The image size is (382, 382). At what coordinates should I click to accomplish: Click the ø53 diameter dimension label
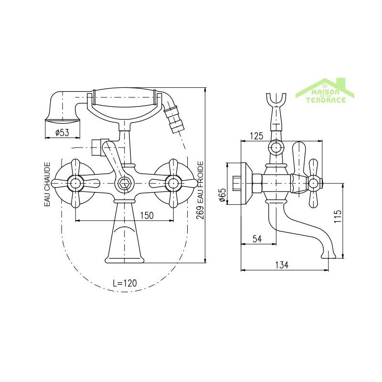63,133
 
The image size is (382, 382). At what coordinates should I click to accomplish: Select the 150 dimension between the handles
147,215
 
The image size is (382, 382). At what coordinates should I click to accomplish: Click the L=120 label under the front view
125,283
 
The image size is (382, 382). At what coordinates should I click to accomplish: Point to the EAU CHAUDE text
47,184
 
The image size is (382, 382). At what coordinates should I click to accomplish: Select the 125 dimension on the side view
256,136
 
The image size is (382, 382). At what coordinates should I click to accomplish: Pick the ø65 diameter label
222,195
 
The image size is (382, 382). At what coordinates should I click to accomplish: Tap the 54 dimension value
257,239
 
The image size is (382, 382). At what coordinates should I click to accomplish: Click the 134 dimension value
282,265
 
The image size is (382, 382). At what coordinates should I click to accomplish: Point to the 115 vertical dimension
338,216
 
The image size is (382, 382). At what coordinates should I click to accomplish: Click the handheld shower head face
63,121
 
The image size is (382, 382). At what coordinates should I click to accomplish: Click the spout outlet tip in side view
329,255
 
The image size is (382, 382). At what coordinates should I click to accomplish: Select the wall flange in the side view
246,183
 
